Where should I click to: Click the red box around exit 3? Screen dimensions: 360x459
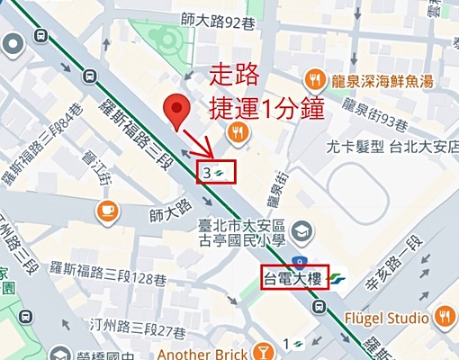[217, 170]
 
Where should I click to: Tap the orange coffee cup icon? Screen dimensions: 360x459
[108, 211]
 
